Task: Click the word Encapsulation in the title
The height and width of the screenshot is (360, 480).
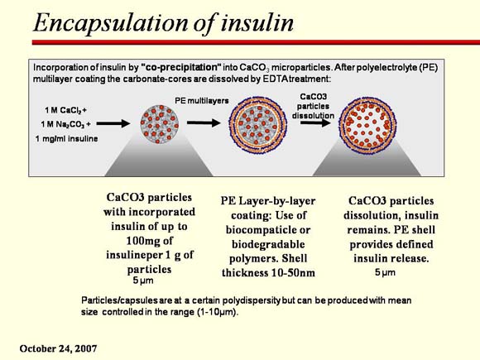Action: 111,23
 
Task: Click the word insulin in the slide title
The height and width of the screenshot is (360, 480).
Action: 257,22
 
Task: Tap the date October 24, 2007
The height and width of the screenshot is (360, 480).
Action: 58,348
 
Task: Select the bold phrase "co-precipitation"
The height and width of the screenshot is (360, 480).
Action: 181,67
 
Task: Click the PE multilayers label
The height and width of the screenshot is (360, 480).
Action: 202,100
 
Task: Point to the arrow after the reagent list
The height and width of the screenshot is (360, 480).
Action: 113,123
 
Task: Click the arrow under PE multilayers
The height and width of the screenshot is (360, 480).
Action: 204,122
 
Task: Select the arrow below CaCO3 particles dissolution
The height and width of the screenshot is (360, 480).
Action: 315,122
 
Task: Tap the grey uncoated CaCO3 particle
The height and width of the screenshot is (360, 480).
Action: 160,124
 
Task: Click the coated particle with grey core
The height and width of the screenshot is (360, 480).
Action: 257,125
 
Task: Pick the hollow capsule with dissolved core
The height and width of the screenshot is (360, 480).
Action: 367,125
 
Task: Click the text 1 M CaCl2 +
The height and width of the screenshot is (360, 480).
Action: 66,110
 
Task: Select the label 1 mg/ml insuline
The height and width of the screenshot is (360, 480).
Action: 66,139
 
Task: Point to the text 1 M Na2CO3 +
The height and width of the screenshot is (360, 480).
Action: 66,124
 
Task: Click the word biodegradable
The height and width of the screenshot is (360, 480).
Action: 268,244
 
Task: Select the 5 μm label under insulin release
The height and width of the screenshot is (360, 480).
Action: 385,272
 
